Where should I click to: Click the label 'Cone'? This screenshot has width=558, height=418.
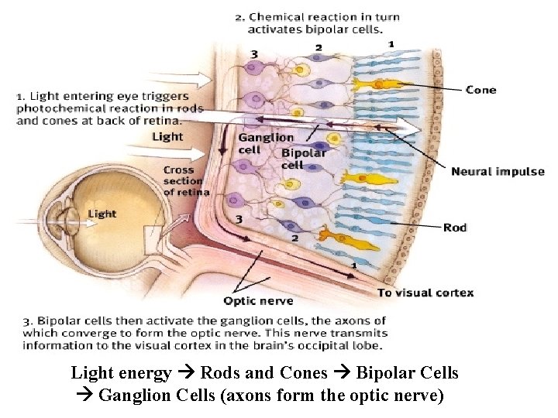480,90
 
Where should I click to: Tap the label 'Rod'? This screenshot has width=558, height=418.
455,228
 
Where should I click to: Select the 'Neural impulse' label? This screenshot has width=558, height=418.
498,172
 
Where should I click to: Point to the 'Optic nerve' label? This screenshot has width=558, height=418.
258,300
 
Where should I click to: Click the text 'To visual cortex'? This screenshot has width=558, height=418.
425,293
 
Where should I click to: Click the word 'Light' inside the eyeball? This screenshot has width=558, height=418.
102,214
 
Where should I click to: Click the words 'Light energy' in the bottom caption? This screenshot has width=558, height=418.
121,373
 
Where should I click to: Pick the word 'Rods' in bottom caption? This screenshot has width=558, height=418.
219,373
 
